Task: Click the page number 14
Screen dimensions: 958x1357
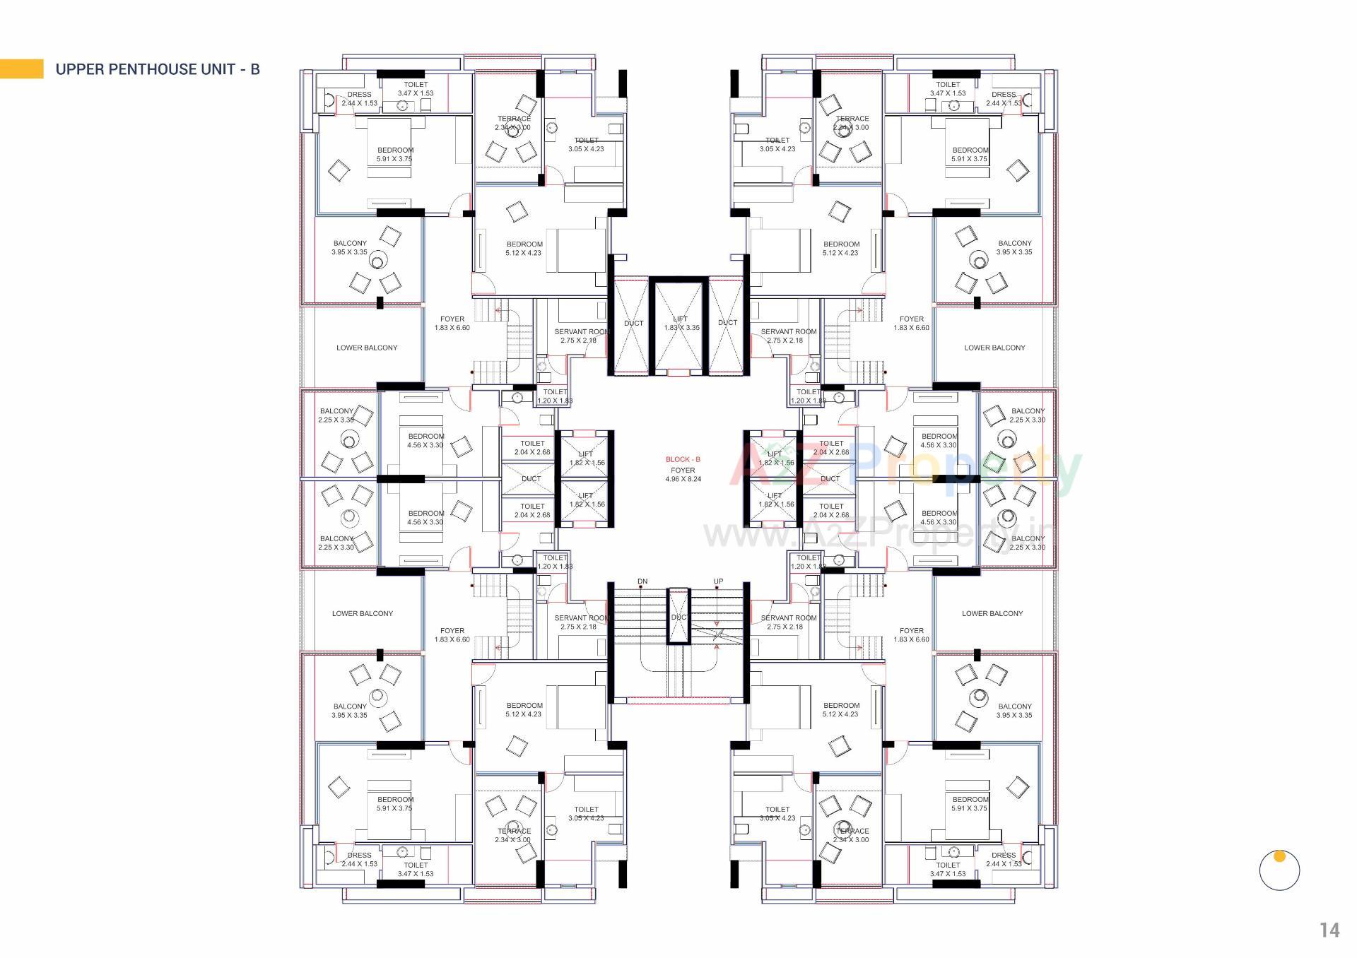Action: pyautogui.click(x=1329, y=930)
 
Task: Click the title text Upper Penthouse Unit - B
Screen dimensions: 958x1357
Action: pyautogui.click(x=158, y=69)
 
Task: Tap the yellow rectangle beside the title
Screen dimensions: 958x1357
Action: pyautogui.click(x=22, y=69)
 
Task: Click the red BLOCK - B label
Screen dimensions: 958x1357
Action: pyautogui.click(x=683, y=459)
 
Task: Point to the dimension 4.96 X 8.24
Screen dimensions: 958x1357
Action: pyautogui.click(x=683, y=479)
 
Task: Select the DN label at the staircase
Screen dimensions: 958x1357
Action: pyautogui.click(x=642, y=581)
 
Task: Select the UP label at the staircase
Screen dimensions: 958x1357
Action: pyautogui.click(x=718, y=581)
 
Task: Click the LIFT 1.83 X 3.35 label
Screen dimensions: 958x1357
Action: pyautogui.click(x=681, y=323)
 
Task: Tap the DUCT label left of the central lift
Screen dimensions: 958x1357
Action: pyautogui.click(x=633, y=323)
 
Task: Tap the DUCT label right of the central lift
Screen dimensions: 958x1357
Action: pyautogui.click(x=727, y=322)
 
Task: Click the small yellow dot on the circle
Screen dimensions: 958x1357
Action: pyautogui.click(x=1279, y=856)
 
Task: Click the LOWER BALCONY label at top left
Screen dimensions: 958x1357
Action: pyautogui.click(x=367, y=348)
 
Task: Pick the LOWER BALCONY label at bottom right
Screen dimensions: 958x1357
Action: pyautogui.click(x=992, y=613)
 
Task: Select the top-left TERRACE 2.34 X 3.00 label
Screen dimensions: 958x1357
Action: pyautogui.click(x=514, y=123)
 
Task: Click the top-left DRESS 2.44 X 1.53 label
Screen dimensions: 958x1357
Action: pyautogui.click(x=359, y=98)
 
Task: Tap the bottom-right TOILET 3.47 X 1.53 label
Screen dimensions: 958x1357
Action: pyautogui.click(x=948, y=869)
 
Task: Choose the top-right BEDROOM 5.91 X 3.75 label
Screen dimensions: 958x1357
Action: pyautogui.click(x=970, y=154)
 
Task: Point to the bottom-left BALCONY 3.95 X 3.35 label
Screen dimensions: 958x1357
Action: pyautogui.click(x=350, y=710)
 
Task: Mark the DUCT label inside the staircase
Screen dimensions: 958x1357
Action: pyautogui.click(x=678, y=617)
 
